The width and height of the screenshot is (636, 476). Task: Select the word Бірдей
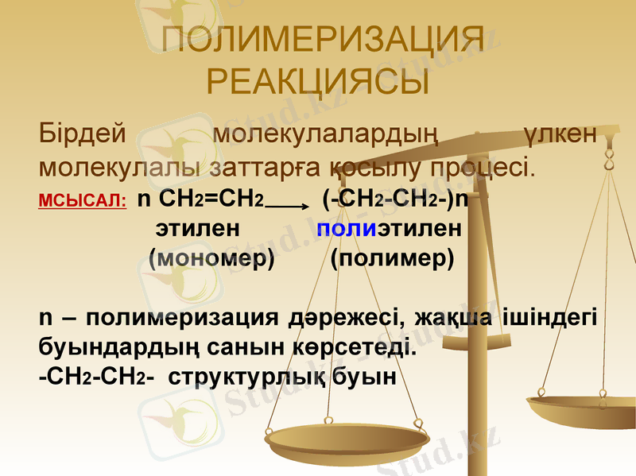point(83,134)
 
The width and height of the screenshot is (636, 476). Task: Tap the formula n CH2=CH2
point(200,199)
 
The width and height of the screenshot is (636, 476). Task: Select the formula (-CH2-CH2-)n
point(394,199)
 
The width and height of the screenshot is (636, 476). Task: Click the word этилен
point(198,230)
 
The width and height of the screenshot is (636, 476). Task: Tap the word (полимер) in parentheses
point(392,258)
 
